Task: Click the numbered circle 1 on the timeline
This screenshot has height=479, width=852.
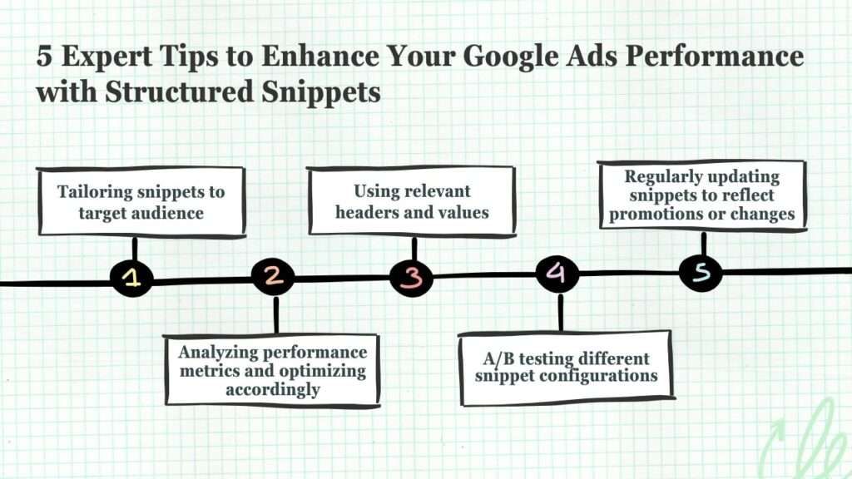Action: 132,278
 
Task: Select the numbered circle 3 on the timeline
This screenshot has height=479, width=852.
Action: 412,277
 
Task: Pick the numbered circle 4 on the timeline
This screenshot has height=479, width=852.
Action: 557,273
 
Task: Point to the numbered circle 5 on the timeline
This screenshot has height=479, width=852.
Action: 701,271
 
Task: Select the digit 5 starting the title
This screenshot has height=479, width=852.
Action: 45,56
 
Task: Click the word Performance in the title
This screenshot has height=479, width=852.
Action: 714,56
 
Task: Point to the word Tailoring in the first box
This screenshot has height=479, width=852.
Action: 95,192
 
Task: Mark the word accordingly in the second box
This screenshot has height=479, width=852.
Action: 273,390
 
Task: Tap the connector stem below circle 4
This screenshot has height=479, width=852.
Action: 560,312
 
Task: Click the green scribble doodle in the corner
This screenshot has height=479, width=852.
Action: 805,440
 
